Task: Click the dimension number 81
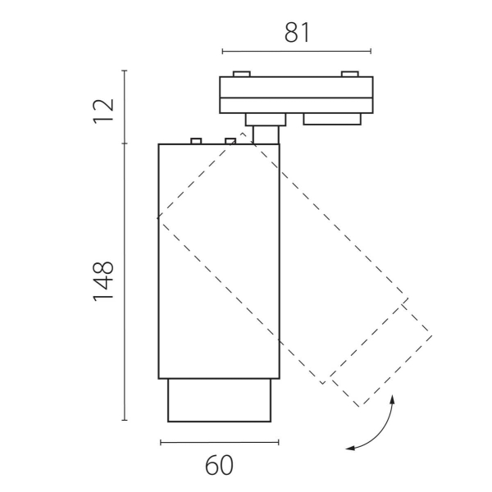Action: coord(297,33)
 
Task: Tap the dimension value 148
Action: coord(103,281)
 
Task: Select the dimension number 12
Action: coord(103,112)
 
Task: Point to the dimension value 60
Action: coord(219,465)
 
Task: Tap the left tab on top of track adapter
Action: coord(242,74)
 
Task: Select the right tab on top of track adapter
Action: coord(350,74)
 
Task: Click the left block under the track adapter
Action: coord(266,120)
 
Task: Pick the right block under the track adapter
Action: coord(332,119)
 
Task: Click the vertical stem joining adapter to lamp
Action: coord(266,135)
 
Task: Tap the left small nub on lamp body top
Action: coord(196,141)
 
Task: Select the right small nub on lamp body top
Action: coord(230,141)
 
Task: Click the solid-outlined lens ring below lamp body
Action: coord(219,400)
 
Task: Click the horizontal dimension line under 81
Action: coord(297,51)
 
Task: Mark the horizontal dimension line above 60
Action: coord(220,443)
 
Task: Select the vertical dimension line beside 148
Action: coord(125,281)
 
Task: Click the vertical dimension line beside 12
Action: coord(125,107)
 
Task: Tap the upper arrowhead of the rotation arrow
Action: coord(392,399)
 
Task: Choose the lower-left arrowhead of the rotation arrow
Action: coord(349,449)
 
